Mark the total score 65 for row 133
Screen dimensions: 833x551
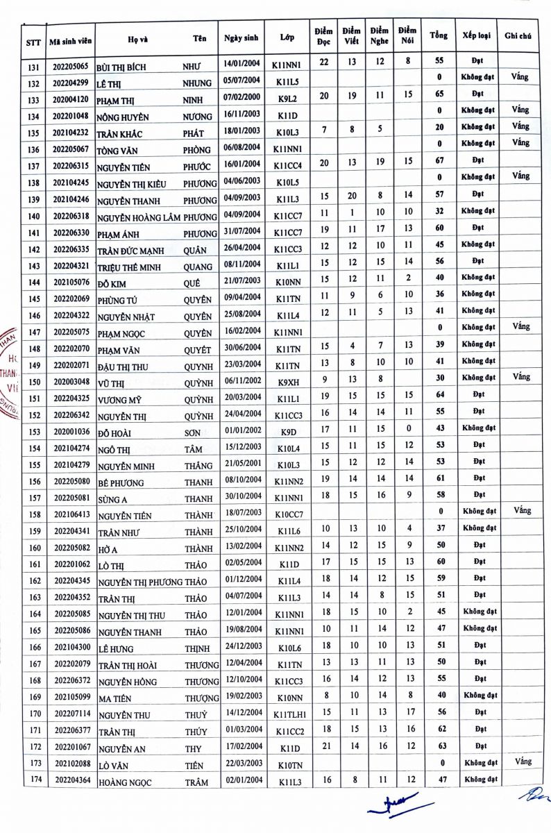click(x=439, y=94)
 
